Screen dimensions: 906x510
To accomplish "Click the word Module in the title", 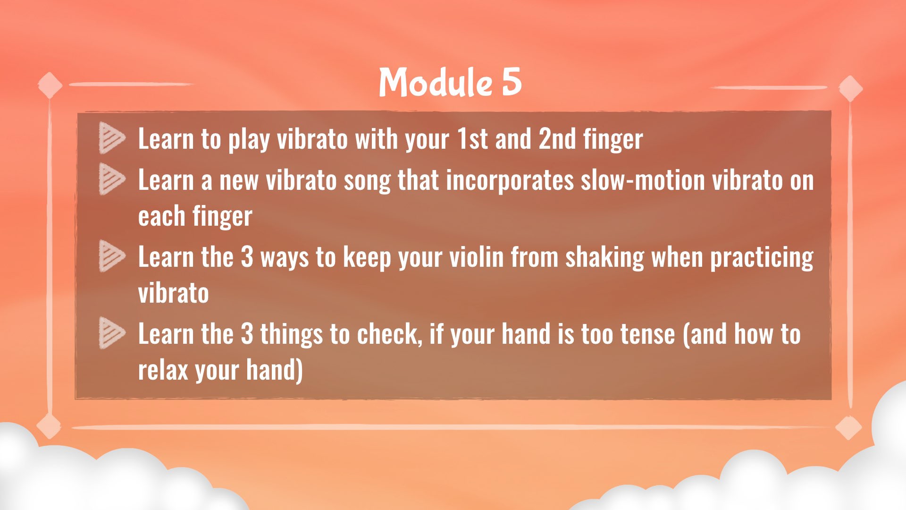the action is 436,82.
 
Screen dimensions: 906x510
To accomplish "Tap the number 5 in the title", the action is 512,82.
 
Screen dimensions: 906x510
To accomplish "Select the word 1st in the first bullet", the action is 472,139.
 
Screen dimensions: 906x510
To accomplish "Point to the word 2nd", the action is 557,139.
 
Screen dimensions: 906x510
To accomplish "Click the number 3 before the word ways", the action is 247,257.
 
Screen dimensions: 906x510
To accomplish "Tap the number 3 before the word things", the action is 247,334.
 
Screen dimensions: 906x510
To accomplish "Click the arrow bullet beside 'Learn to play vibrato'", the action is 112,138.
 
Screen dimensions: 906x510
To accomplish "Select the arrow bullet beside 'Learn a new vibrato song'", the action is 112,179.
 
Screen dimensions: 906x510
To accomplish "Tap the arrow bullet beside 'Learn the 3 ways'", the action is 112,256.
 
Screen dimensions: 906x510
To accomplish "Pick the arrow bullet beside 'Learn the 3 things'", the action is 112,333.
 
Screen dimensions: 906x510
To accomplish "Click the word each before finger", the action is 161,216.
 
